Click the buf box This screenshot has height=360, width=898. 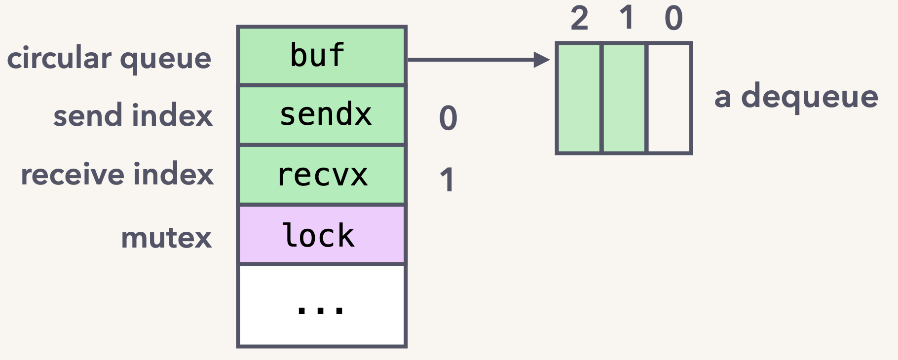(x=322, y=55)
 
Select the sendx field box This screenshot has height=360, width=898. (x=322, y=115)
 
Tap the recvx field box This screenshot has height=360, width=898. (x=322, y=175)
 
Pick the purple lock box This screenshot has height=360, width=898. (x=322, y=235)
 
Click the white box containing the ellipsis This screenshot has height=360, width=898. (x=322, y=306)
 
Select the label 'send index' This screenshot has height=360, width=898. (x=133, y=115)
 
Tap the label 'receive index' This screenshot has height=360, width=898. (x=117, y=175)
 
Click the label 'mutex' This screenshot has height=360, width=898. (x=166, y=238)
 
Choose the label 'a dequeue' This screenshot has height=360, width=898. (x=796, y=97)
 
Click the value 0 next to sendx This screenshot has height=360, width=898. (x=448, y=118)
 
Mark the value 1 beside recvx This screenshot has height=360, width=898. (x=447, y=180)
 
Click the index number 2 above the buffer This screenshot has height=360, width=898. (x=580, y=19)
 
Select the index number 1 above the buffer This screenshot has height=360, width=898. (x=627, y=18)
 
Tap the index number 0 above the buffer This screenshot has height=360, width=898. (x=673, y=19)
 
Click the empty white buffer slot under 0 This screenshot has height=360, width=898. (x=669, y=98)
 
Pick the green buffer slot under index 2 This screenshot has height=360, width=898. (x=579, y=98)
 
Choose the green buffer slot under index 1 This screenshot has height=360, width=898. (x=624, y=98)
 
